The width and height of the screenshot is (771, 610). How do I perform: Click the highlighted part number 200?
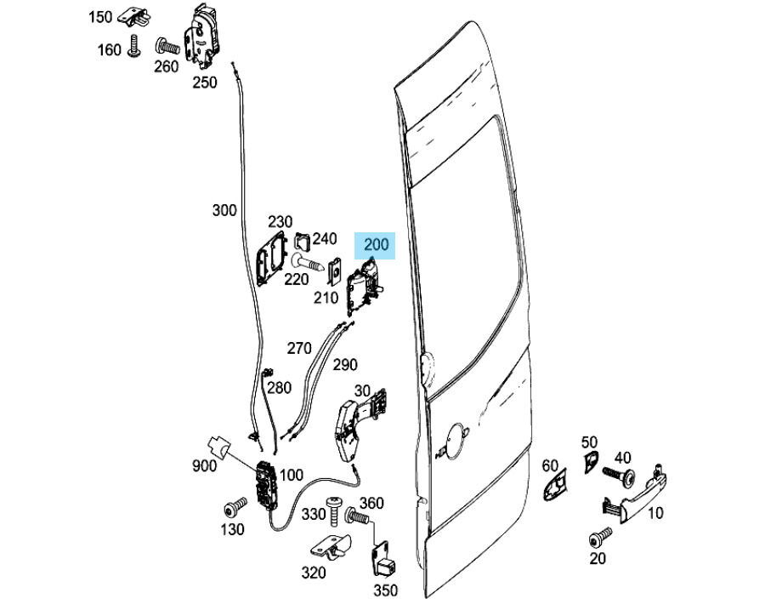(376, 245)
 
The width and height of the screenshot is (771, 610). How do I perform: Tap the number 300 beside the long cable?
(224, 210)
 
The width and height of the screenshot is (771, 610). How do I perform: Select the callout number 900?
(204, 465)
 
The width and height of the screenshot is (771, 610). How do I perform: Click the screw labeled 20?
(599, 538)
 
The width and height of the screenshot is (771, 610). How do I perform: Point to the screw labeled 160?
(133, 48)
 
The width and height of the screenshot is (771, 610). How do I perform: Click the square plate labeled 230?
(271, 256)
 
